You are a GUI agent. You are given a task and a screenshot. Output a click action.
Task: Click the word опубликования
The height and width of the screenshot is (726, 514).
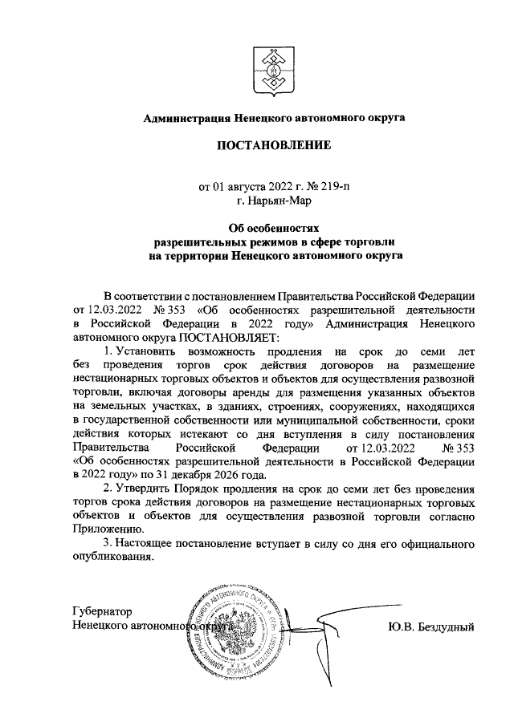[112, 558]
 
